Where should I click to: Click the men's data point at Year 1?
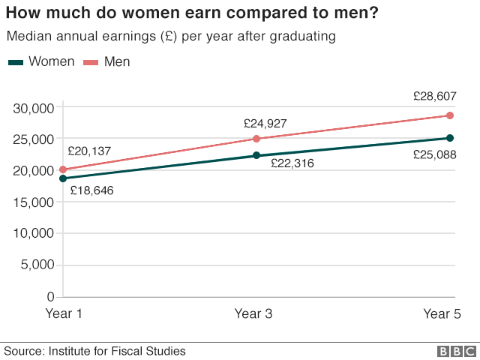point(63,169)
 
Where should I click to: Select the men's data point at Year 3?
point(256,139)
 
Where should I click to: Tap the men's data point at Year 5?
point(450,115)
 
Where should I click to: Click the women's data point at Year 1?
point(63,178)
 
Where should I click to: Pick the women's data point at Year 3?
point(256,155)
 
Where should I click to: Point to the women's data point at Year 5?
point(450,138)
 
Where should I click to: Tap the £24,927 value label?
point(265,124)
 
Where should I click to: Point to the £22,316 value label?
point(292,163)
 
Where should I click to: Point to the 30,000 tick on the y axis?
point(34,108)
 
